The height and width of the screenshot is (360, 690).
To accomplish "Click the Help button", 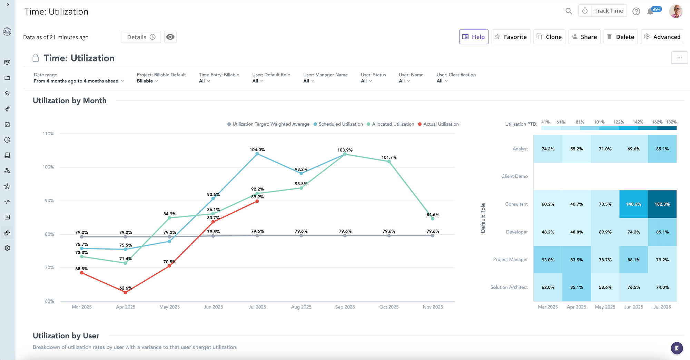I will coord(474,37).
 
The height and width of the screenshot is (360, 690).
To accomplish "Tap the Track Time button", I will coord(603,11).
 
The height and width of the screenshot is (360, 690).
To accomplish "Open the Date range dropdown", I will coord(79,81).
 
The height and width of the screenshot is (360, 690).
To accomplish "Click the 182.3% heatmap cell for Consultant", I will coord(662,204).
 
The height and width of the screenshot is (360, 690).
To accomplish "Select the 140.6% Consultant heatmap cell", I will coord(633,204).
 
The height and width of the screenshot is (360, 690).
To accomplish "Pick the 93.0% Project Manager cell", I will coord(548,260).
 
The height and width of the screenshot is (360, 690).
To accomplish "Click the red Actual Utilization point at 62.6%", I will coord(125,292).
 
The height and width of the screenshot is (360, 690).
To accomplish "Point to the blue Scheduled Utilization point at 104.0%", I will coord(257,154).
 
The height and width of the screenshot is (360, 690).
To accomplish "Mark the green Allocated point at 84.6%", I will coord(433,218).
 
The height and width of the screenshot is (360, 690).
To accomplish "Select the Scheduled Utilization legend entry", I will coord(340,124).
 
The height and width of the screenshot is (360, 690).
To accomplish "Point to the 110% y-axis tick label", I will coord(48,134).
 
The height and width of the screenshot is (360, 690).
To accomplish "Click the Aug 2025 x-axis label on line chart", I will coord(301,307).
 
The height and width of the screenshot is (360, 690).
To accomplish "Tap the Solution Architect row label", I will coord(509,287).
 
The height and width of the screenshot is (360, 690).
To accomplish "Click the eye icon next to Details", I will coord(170,37).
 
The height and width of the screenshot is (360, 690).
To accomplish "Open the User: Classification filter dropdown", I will coord(442,81).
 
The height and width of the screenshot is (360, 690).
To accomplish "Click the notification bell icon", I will coord(650,11).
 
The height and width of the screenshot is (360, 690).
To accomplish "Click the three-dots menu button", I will coord(679,58).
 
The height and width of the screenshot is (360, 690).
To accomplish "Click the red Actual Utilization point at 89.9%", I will coord(257,201).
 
